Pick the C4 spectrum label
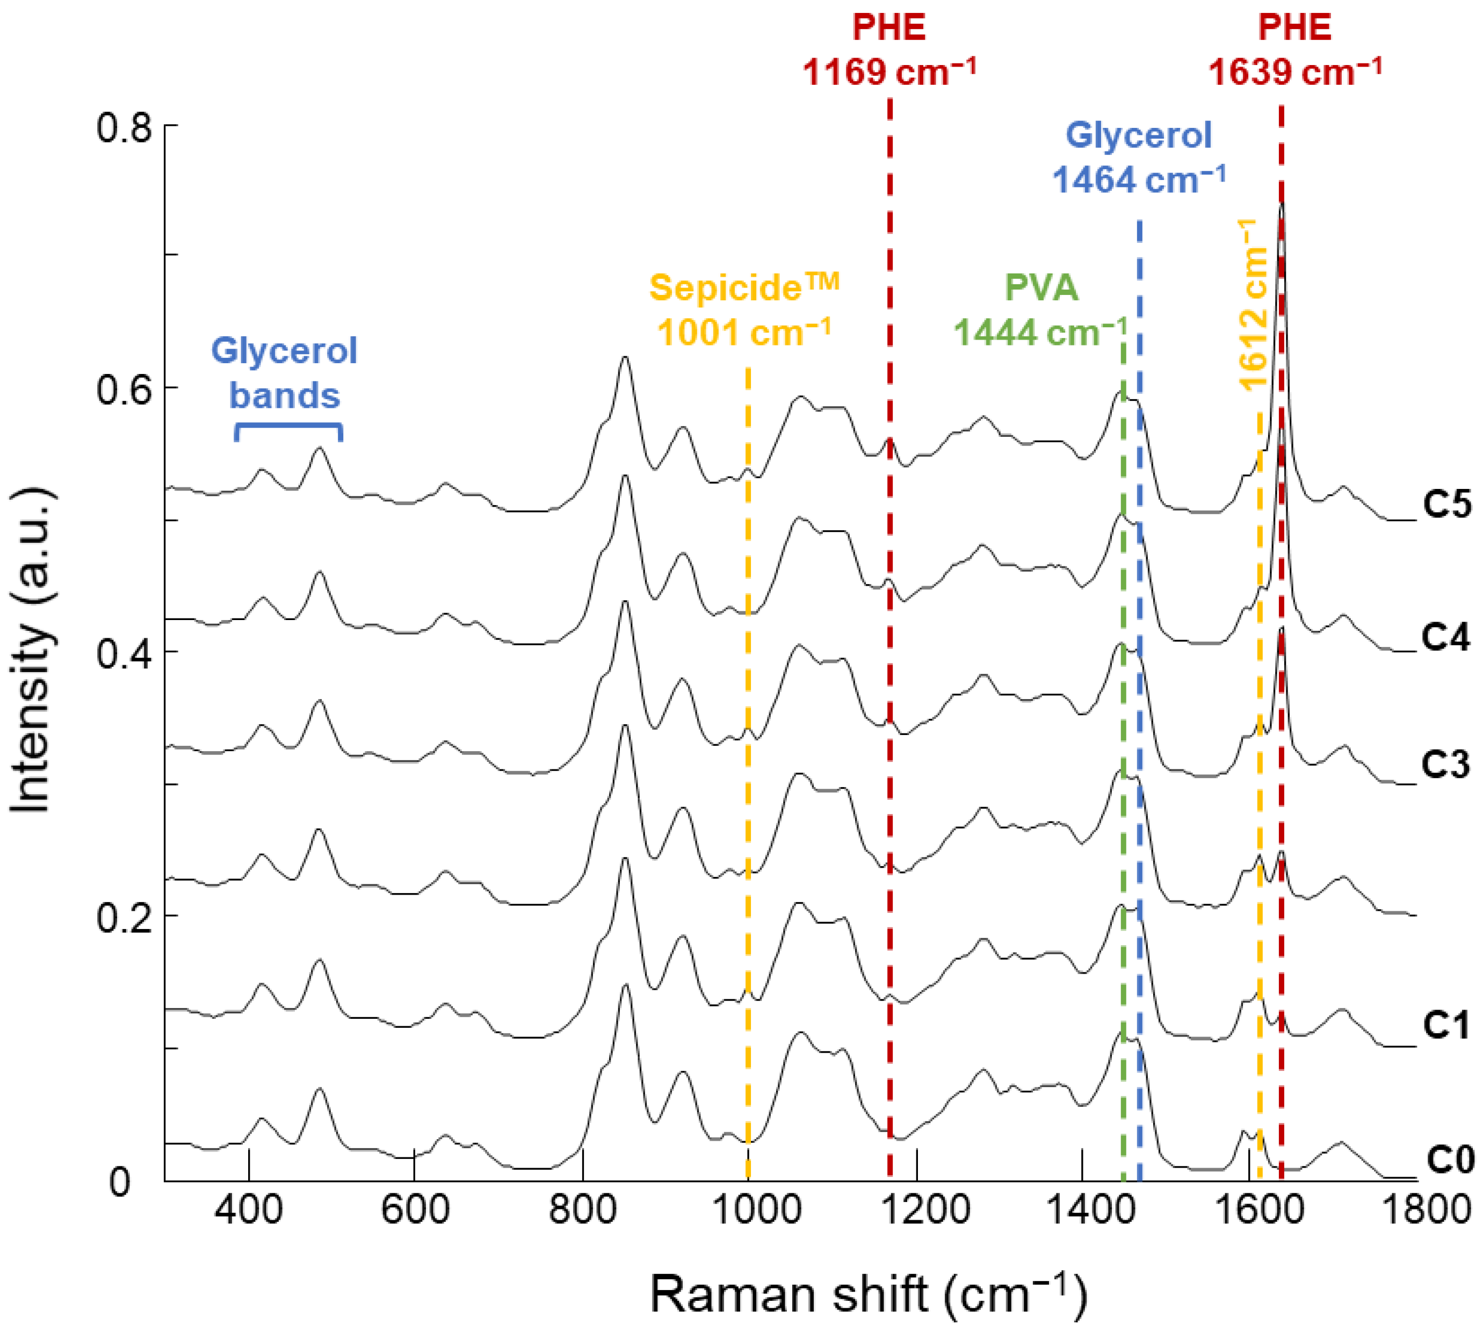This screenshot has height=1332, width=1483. tap(1446, 637)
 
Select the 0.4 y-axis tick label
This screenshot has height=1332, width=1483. tap(123, 653)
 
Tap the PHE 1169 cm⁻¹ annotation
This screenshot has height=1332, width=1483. tap(889, 50)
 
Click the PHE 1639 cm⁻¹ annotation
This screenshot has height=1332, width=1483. tap(1294, 50)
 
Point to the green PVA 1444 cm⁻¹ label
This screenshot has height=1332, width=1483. tap(1040, 311)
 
